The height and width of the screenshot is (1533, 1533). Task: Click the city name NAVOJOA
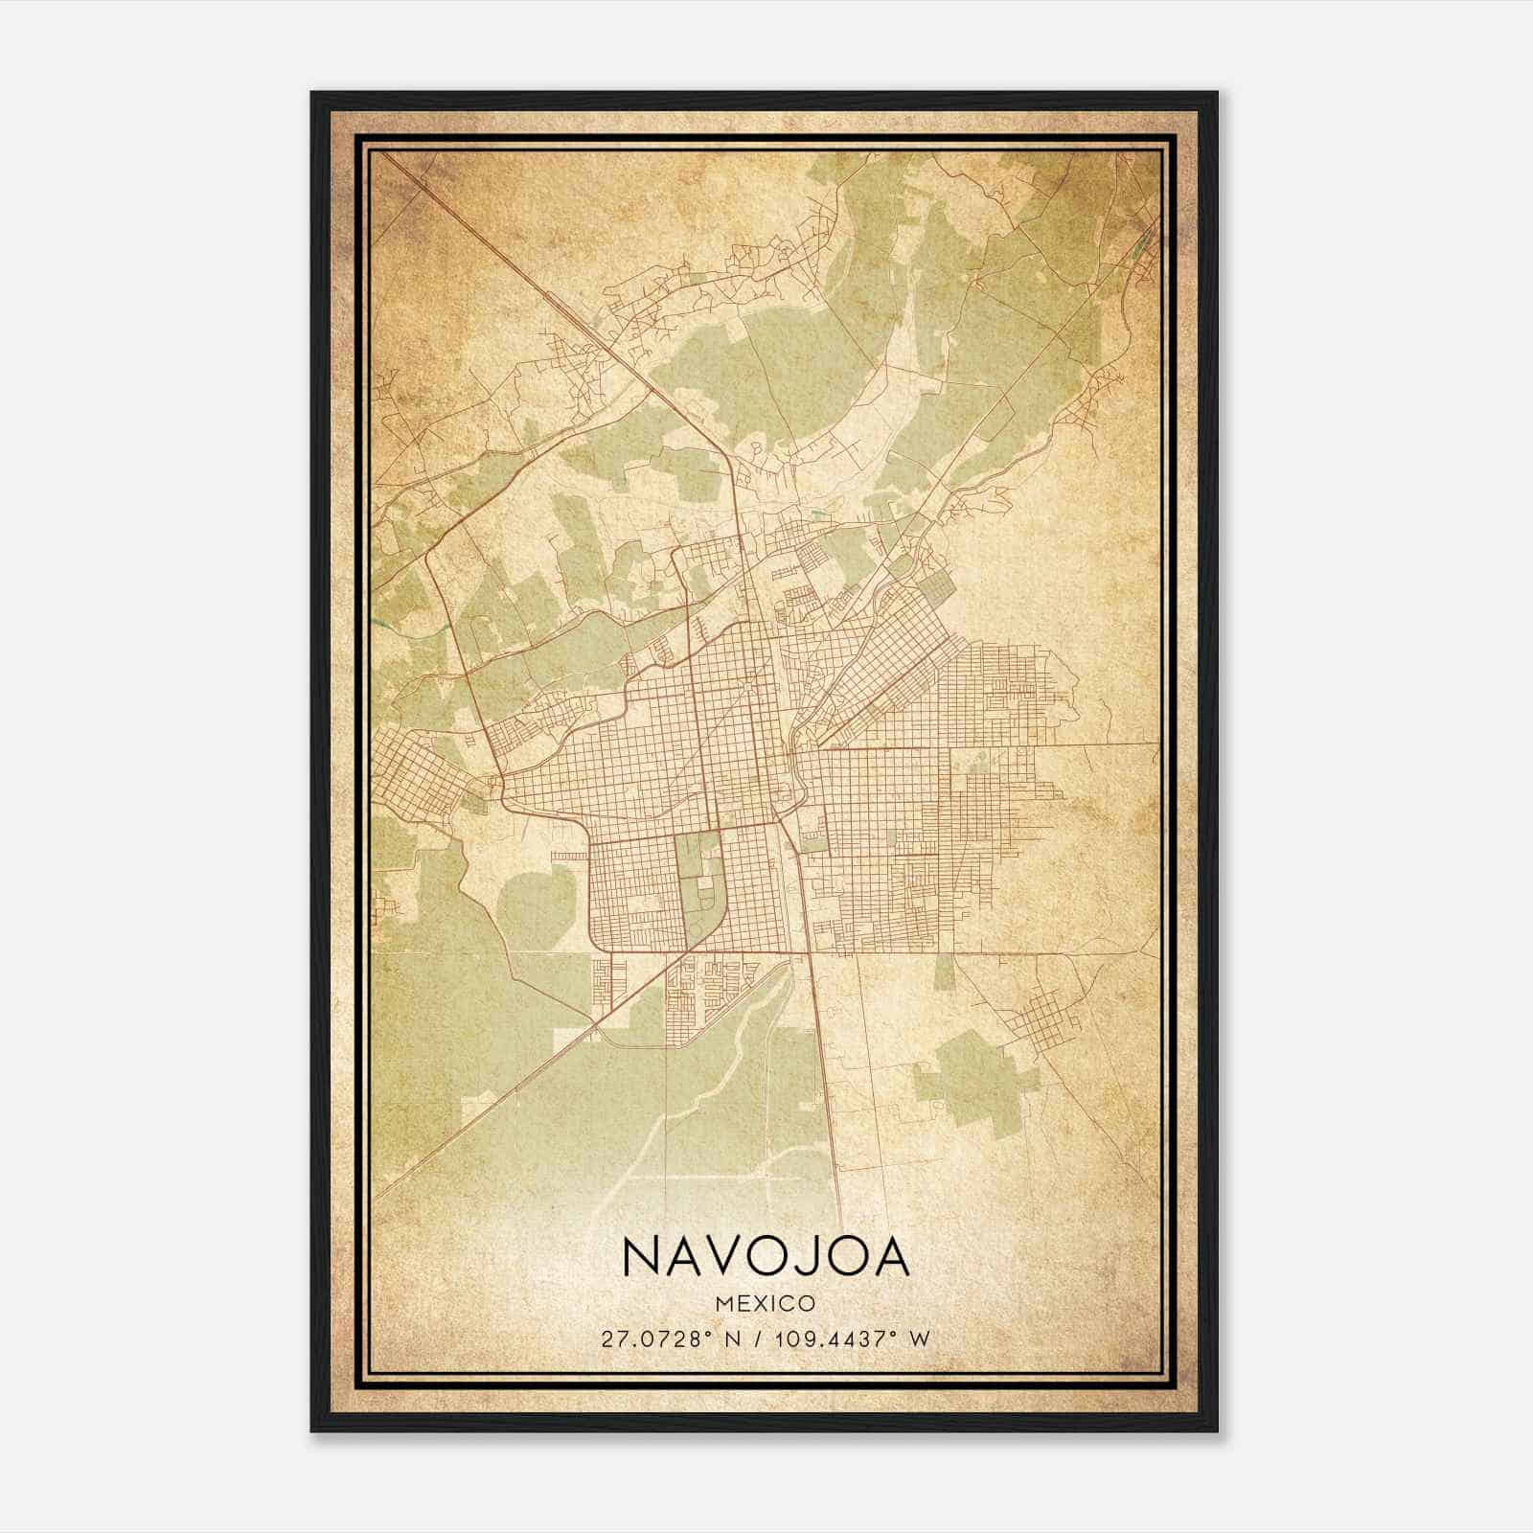(766, 1258)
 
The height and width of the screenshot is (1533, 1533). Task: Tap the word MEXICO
(766, 1304)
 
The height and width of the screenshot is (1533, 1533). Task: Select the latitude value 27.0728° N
(667, 1339)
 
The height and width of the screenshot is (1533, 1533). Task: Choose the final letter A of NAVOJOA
(889, 1258)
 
